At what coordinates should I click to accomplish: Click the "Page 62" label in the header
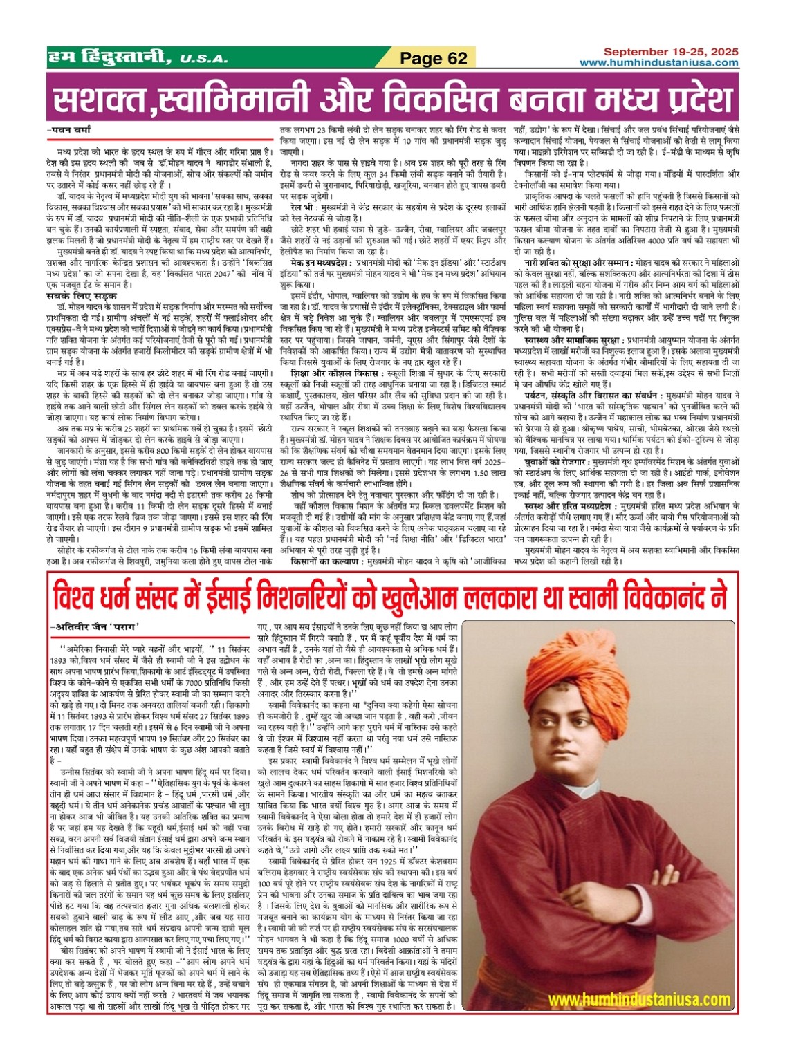click(434, 59)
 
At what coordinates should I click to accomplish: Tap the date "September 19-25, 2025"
click(670, 52)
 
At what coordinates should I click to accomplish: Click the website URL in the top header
click(658, 62)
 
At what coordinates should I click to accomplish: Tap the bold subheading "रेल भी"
click(304, 207)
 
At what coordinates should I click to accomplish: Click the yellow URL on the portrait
click(639, 999)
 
